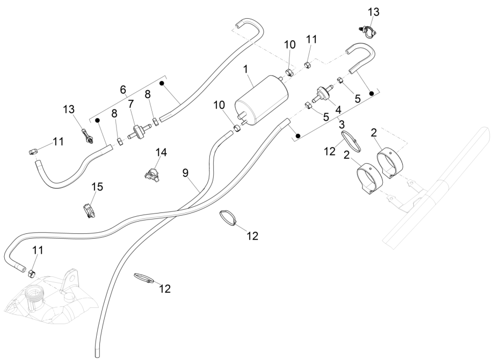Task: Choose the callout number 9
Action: pos(185,173)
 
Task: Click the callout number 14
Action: pos(161,152)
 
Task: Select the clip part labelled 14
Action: pos(152,173)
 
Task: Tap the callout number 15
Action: pos(97,188)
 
